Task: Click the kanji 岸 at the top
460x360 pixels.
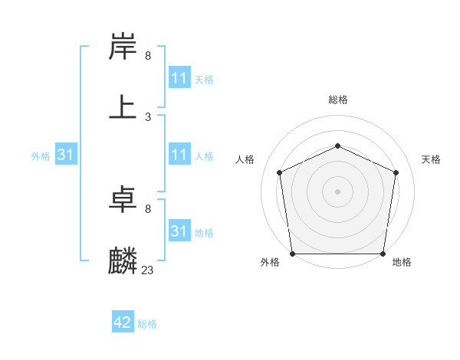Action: [123, 47]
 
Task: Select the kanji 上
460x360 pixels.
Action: [123, 107]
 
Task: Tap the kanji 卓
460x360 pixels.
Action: [123, 201]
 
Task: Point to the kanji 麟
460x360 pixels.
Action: [123, 260]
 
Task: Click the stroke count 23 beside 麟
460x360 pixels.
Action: [148, 270]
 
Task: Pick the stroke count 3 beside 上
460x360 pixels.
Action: [148, 116]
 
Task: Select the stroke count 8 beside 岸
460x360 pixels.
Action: [148, 56]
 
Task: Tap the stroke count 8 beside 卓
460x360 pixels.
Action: [148, 209]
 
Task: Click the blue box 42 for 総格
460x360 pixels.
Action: [123, 322]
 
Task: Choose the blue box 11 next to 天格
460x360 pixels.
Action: [179, 78]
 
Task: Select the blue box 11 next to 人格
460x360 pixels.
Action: [179, 155]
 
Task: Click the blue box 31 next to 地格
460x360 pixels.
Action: [179, 231]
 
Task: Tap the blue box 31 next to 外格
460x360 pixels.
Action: [66, 155]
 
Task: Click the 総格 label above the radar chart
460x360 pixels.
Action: [338, 100]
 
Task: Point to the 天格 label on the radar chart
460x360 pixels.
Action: [431, 159]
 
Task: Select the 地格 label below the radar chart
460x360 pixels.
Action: [402, 263]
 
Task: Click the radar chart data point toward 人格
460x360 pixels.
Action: [280, 172]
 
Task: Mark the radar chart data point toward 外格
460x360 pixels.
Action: [293, 254]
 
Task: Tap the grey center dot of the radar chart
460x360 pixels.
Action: [338, 191]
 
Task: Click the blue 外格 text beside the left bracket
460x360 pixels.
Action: [41, 155]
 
